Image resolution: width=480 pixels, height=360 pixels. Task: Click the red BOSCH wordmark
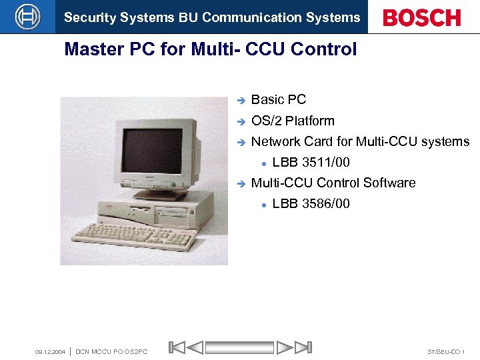(422, 17)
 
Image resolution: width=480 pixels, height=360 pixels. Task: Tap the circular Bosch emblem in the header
(27, 17)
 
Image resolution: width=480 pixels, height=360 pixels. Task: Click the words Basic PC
(279, 100)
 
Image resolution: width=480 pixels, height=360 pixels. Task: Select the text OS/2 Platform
(293, 121)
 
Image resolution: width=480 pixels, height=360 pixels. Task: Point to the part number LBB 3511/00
(311, 162)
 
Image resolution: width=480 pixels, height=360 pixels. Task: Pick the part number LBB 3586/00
(311, 203)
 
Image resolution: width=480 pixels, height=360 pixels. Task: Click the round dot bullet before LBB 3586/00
(264, 204)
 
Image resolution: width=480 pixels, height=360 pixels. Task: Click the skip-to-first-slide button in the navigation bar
(176, 347)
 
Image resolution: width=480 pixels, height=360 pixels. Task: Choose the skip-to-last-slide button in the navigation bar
(303, 347)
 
